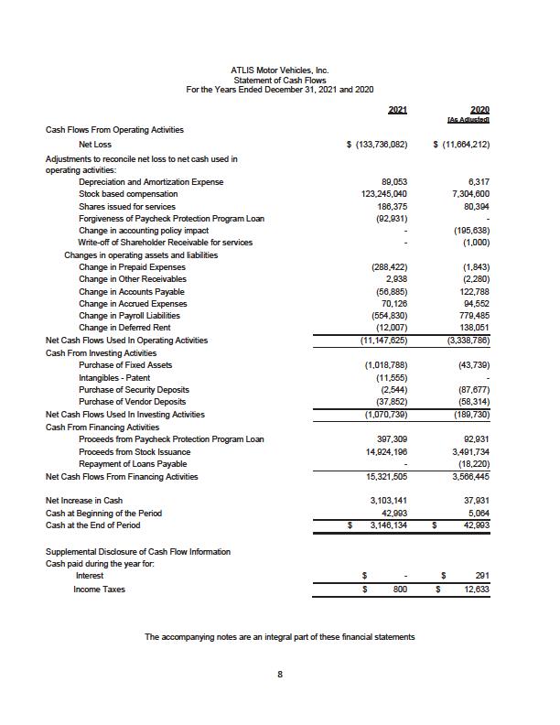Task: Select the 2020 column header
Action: (478, 110)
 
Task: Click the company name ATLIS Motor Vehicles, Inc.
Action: (280, 70)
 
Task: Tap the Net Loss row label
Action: (95, 145)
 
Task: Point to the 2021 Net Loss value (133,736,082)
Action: (377, 145)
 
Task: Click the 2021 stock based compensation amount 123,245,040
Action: (382, 194)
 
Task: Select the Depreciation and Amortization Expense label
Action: (151, 182)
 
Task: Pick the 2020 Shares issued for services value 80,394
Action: (475, 206)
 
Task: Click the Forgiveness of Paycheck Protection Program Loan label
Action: (171, 218)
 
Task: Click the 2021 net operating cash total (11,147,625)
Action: (380, 339)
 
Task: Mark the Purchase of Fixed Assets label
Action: (125, 364)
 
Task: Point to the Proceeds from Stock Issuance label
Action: (135, 452)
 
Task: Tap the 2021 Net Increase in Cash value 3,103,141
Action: (385, 501)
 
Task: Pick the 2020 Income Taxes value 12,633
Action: (475, 590)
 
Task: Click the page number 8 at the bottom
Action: (280, 676)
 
